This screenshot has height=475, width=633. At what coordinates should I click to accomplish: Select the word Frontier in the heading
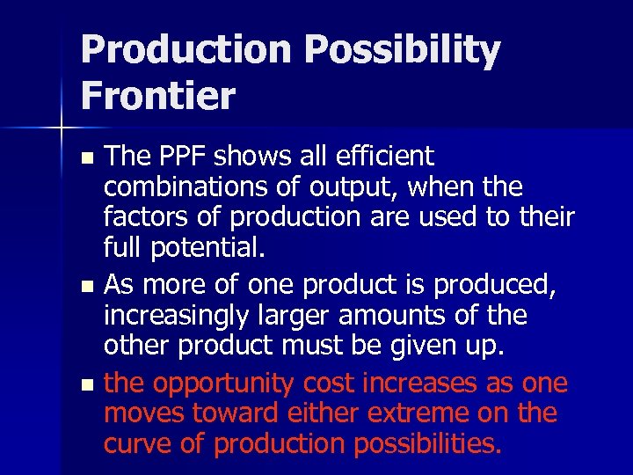pyautogui.click(x=158, y=95)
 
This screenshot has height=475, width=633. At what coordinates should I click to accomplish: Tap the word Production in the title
pyautogui.click(x=184, y=51)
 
